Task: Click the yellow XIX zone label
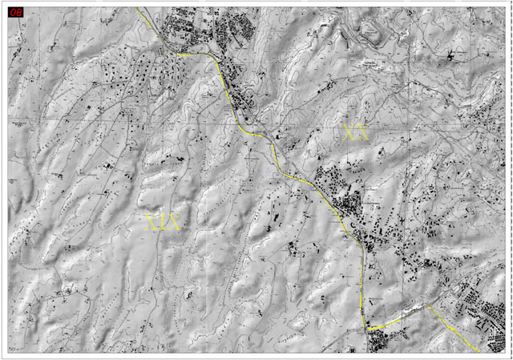point(163,223)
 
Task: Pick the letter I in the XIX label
point(163,223)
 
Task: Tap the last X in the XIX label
point(174,223)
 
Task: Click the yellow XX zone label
point(355,132)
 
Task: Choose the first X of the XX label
point(349,132)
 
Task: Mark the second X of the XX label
point(362,132)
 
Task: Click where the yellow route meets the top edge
point(137,8)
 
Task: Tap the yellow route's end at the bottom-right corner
point(479,351)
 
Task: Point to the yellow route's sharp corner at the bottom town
point(369,329)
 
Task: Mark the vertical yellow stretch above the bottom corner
point(366,289)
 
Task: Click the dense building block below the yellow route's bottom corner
point(377,342)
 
